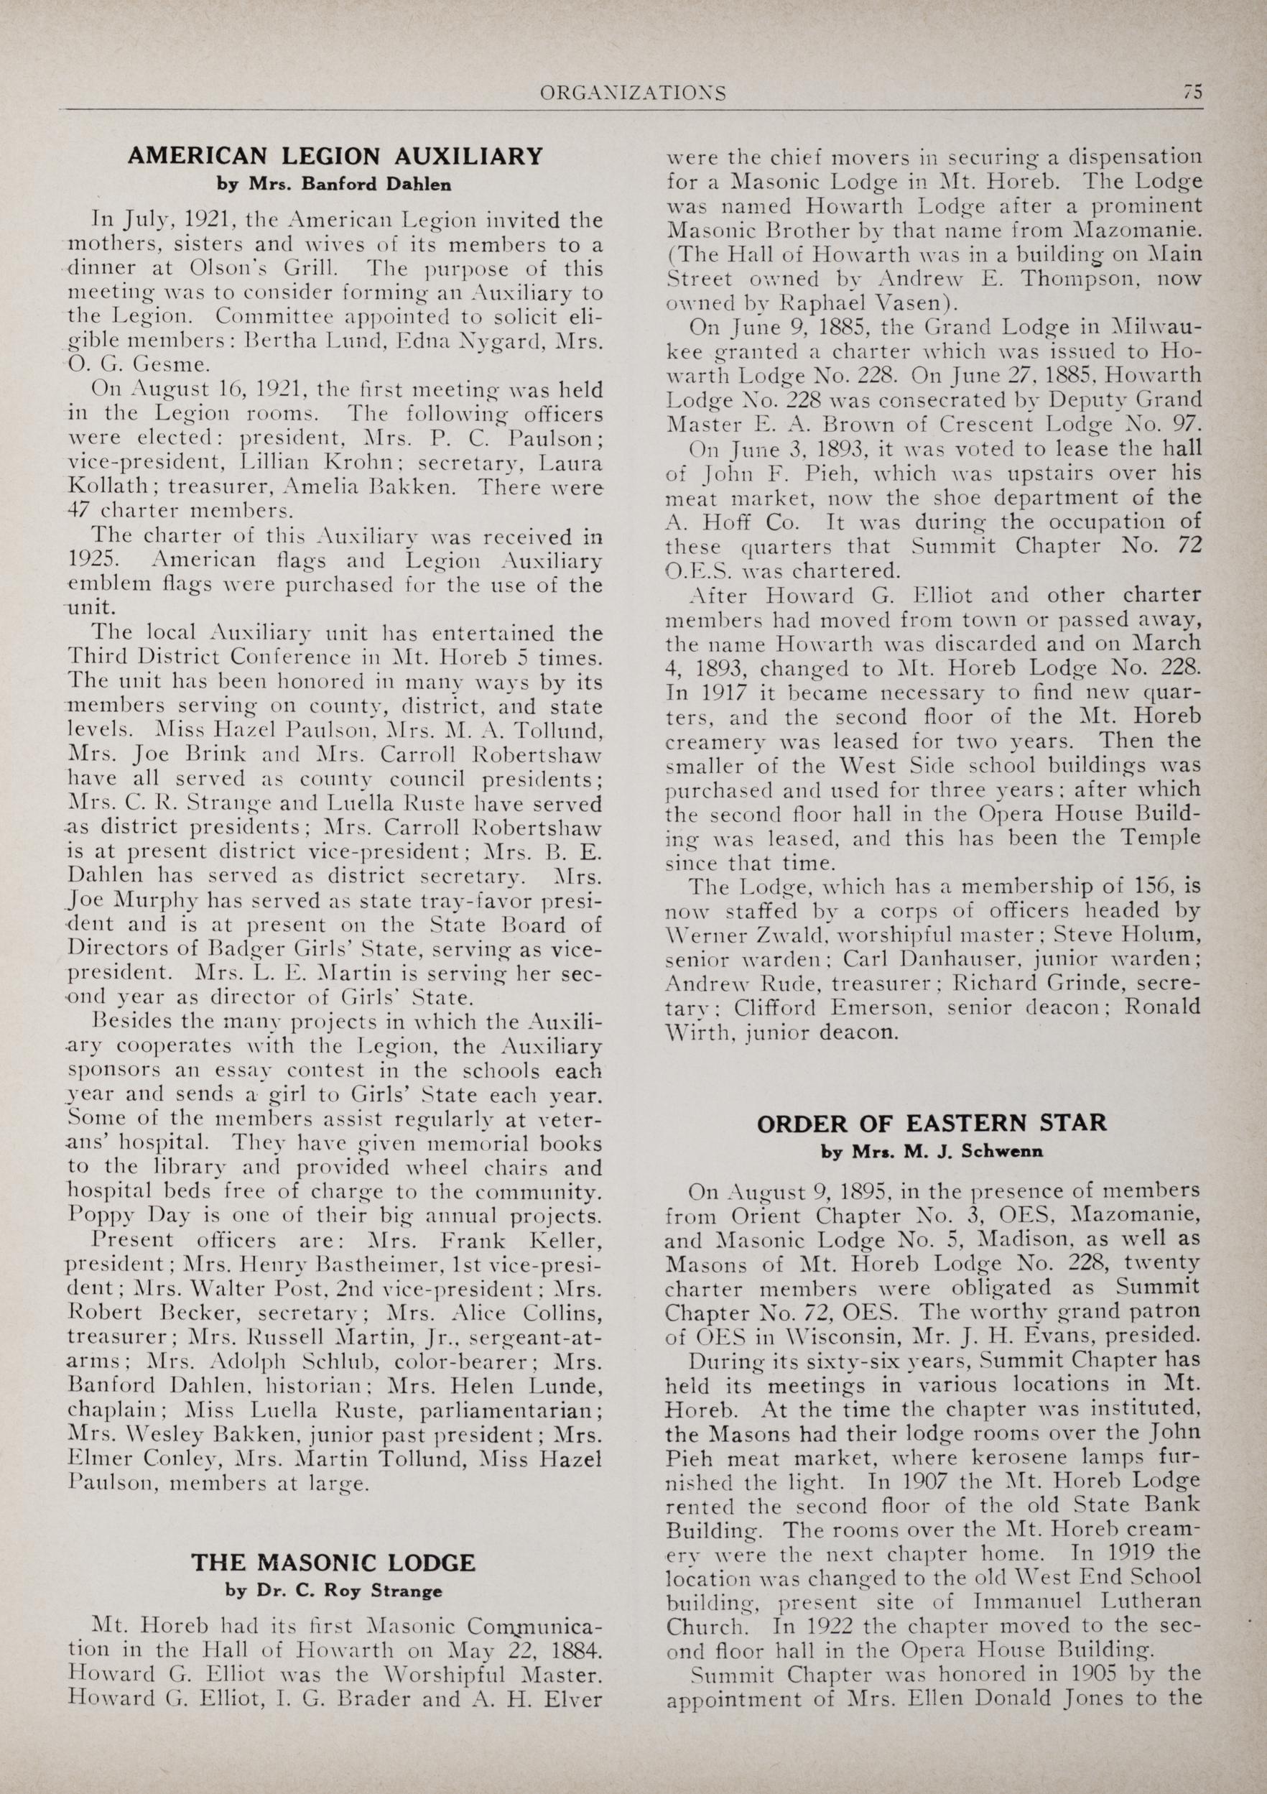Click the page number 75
(x=1192, y=93)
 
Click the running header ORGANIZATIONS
(x=633, y=94)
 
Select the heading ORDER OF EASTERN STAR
(x=932, y=1124)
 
